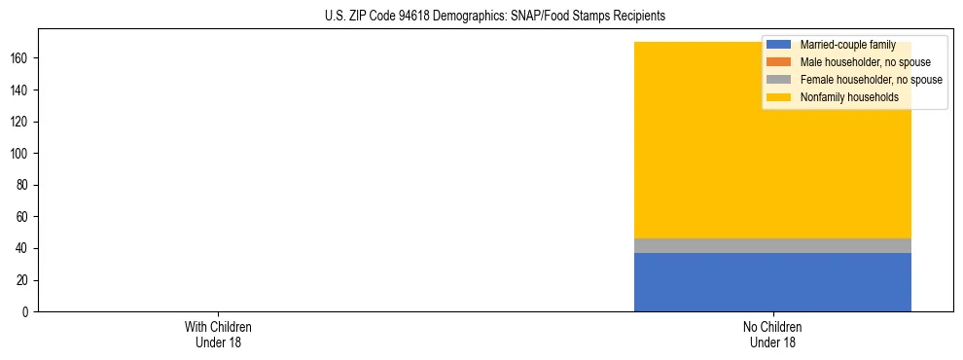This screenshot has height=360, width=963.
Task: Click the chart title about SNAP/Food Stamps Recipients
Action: [x=495, y=17]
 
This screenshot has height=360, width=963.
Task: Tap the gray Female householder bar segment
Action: [x=772, y=246]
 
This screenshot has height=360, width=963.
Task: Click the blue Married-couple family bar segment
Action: [x=772, y=282]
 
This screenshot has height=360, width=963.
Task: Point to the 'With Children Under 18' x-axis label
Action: [x=211, y=334]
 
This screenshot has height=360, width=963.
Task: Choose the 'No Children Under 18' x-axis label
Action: [x=772, y=334]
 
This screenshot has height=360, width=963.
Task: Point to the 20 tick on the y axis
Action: [x=22, y=280]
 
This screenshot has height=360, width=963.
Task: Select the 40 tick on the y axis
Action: [x=22, y=249]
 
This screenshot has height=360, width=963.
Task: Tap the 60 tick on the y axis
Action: [x=22, y=217]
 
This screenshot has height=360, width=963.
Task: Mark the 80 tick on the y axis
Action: [x=22, y=185]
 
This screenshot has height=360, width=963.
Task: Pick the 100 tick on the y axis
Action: [x=19, y=154]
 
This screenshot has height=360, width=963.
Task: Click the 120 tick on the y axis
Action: [x=19, y=122]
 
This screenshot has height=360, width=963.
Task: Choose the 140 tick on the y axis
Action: [x=19, y=90]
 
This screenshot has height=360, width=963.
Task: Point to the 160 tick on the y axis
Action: [x=19, y=58]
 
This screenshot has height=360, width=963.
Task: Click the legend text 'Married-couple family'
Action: [x=847, y=45]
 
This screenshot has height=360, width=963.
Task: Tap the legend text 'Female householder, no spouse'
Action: [x=871, y=80]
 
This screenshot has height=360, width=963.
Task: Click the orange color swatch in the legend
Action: [x=779, y=62]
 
